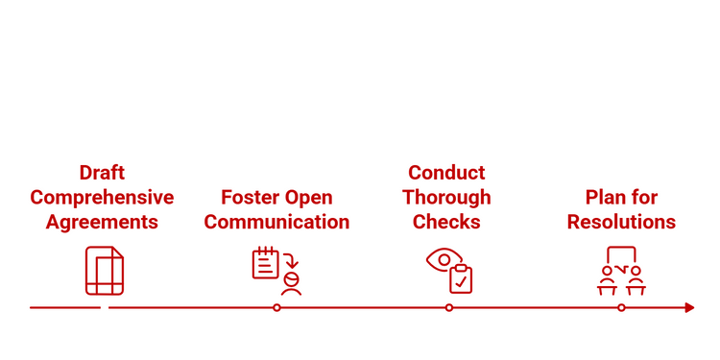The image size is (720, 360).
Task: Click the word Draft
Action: (102, 173)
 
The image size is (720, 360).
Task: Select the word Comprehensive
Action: (102, 198)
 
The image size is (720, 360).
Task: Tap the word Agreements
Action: (102, 222)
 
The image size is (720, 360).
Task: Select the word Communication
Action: (276, 222)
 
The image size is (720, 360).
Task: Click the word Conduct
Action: (446, 173)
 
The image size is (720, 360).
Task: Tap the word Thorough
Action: (446, 198)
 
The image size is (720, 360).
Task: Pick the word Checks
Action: (446, 222)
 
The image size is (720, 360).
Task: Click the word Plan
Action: (605, 198)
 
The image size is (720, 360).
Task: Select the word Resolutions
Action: (621, 222)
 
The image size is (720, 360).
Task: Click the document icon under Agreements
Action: (105, 271)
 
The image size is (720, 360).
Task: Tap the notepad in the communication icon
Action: (266, 262)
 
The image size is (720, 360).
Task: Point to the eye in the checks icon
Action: (442, 259)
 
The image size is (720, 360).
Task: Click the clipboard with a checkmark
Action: (462, 278)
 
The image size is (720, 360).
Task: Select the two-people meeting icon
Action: (621, 271)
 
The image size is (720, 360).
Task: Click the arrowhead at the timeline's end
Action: (689, 307)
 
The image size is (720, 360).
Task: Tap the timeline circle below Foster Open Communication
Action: (276, 307)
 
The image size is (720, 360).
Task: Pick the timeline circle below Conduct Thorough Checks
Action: (448, 307)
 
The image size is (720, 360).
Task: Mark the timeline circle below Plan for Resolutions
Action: (621, 307)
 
